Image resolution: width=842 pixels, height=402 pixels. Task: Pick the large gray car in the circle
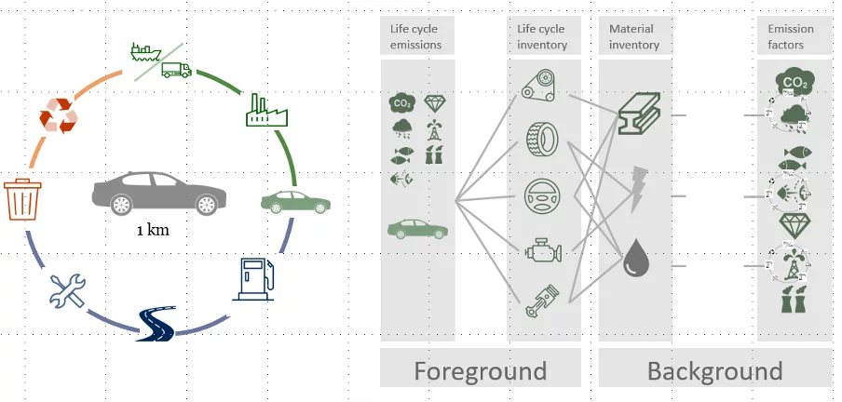pyautogui.click(x=157, y=194)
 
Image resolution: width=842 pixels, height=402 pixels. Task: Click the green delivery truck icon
pyautogui.click(x=175, y=70)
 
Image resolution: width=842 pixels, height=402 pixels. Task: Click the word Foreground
pyautogui.click(x=480, y=371)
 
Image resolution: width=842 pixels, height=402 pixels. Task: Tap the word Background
pyautogui.click(x=714, y=371)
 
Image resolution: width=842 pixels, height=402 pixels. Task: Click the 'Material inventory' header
pyautogui.click(x=633, y=36)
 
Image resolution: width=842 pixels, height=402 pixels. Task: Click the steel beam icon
pyautogui.click(x=638, y=114)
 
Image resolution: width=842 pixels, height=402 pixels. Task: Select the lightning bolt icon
pyautogui.click(x=639, y=186)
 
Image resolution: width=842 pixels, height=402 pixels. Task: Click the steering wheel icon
pyautogui.click(x=540, y=196)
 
